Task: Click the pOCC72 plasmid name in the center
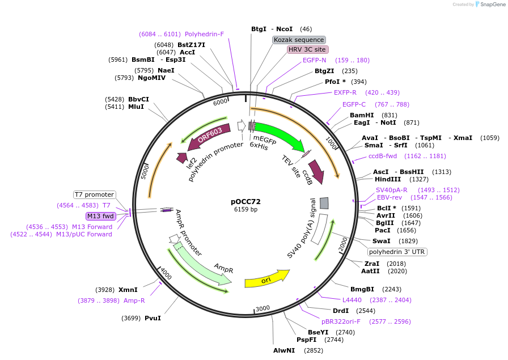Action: coord(245,201)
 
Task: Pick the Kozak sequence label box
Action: coord(299,40)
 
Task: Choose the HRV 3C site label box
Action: coord(307,50)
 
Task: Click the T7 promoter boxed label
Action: coord(95,194)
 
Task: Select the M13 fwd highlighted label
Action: coord(100,216)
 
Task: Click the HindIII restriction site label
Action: coord(388,179)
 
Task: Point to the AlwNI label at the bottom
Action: coord(284,350)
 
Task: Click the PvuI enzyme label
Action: coord(153,318)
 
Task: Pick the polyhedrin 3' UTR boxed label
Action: coord(397,252)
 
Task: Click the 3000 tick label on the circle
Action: coord(263,308)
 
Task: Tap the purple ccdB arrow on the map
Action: coord(315,171)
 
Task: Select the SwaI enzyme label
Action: coord(381,241)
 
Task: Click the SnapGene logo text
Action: coord(489,5)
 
